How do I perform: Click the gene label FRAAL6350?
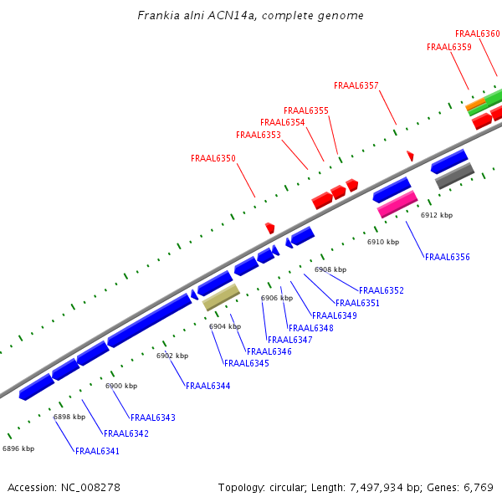point(213,158)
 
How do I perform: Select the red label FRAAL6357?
point(356,85)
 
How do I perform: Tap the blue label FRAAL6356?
point(448,257)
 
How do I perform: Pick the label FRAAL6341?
point(97,451)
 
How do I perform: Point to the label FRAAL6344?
point(208,386)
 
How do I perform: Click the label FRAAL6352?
point(382,290)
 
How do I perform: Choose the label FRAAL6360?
point(478,33)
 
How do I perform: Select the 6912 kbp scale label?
point(436,215)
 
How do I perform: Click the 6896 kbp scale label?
point(18,448)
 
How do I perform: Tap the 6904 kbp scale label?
point(225,326)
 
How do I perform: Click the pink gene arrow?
point(397,204)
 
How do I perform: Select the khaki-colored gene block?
point(222,296)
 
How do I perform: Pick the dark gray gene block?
point(454,175)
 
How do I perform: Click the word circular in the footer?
point(290,487)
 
